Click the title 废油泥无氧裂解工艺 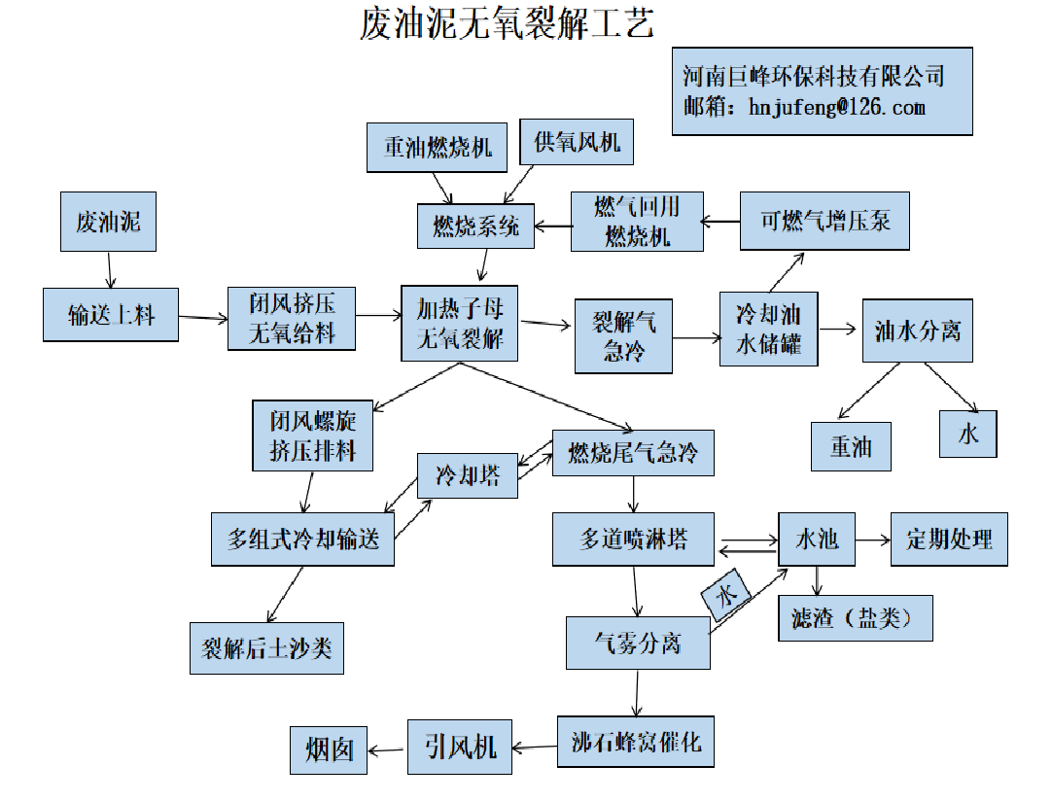click(x=507, y=23)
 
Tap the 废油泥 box click(x=108, y=222)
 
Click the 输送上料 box click(x=111, y=314)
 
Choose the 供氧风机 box click(x=577, y=142)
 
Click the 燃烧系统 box click(x=475, y=226)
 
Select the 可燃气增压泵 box click(x=824, y=221)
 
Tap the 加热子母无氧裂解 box click(x=460, y=324)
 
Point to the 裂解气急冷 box click(x=623, y=334)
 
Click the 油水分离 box click(x=918, y=331)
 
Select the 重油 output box click(x=851, y=446)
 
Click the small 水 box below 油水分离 click(x=968, y=434)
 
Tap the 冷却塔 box click(x=467, y=475)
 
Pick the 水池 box click(x=817, y=540)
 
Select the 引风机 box click(x=460, y=746)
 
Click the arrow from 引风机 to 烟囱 click(x=387, y=749)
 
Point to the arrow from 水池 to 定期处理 click(x=873, y=540)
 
